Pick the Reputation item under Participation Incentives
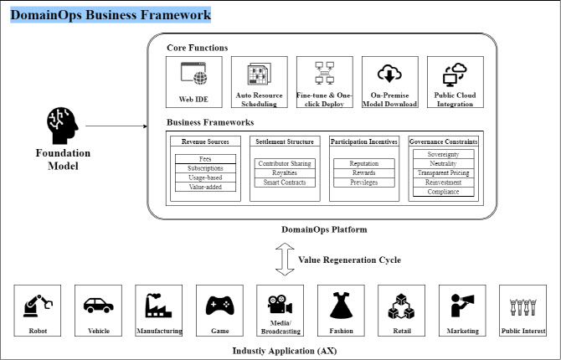pyautogui.click(x=363, y=162)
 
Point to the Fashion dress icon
pyautogui.click(x=340, y=307)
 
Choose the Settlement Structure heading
pyautogui.click(x=286, y=141)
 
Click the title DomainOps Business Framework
pyautogui.click(x=111, y=14)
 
